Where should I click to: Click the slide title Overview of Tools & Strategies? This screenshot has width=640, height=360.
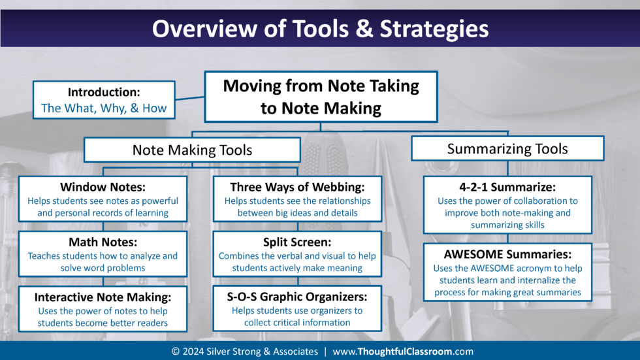pos(320,29)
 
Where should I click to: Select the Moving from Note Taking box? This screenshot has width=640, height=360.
pos(321,97)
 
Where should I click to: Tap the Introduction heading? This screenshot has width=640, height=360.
pos(104,93)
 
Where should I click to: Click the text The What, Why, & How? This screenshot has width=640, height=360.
pos(104,108)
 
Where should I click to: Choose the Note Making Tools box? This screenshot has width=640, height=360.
pos(192,150)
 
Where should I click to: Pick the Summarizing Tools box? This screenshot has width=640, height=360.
pos(507,148)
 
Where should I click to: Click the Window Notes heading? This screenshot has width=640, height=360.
pos(103,188)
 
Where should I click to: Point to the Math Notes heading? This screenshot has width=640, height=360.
pos(103,243)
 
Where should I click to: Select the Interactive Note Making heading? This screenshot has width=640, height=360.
pos(103,297)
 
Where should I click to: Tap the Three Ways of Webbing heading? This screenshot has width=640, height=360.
pos(296,188)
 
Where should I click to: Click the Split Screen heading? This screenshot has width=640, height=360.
pos(296,243)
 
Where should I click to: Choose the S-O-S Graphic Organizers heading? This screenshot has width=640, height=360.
pos(296,297)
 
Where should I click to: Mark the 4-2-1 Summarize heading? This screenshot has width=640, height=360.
pos(507,188)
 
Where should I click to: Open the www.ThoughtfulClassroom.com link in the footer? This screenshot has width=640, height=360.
pos(403,352)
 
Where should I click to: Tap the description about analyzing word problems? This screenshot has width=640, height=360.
pos(103,261)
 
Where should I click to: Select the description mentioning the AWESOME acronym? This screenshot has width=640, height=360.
pos(507,280)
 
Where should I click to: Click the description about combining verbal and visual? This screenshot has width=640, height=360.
pos(296,261)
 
